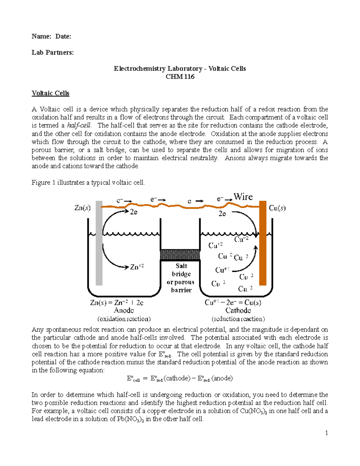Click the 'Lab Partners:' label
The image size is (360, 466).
click(52, 53)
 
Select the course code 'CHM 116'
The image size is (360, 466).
click(180, 77)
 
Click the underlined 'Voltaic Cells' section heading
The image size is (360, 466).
click(50, 93)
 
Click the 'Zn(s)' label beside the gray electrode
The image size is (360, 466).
click(82, 208)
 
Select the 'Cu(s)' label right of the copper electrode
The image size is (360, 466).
click(277, 208)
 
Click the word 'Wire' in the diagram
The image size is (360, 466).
click(243, 197)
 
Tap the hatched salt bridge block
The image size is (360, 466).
click(180, 254)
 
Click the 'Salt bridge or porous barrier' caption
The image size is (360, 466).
click(181, 278)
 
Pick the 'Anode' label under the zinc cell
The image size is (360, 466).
click(124, 311)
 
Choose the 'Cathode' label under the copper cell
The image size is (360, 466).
click(238, 311)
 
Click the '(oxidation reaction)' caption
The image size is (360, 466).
click(124, 319)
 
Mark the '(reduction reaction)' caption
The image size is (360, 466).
click(238, 319)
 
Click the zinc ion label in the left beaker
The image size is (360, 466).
click(137, 267)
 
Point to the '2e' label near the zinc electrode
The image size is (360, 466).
click(133, 212)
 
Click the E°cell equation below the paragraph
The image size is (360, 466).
click(180, 378)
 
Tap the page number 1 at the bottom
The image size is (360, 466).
click(326, 433)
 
